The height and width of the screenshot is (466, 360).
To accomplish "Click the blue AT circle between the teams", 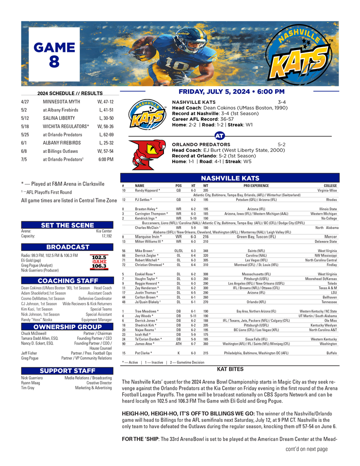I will tap(219, 136).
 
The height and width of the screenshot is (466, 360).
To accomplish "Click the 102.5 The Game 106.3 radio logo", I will tap(99, 262).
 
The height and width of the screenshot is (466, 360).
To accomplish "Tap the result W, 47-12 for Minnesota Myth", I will tap(105, 102).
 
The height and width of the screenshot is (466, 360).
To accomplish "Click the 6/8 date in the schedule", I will tap(25, 151).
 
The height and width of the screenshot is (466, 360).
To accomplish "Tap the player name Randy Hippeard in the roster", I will tap(145, 191).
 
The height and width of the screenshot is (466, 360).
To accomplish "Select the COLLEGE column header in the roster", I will tap(330, 185).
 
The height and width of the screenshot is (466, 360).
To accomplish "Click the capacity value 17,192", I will tap(107, 237).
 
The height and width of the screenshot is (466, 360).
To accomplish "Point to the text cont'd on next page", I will tap(307, 449).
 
